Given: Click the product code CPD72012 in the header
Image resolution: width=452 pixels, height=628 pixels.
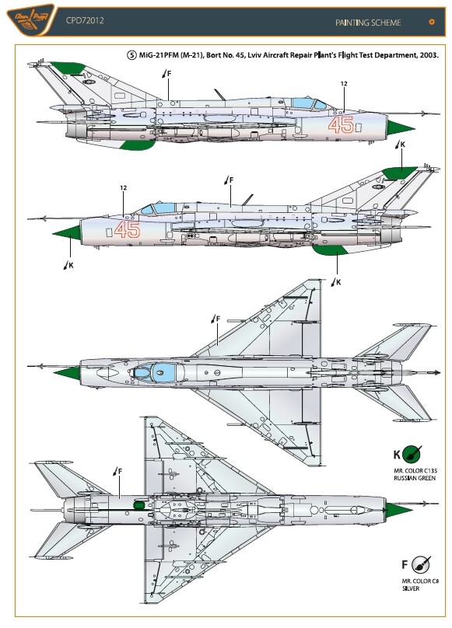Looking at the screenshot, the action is (x=85, y=20).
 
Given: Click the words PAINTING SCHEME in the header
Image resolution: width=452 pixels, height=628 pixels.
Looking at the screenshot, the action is (x=368, y=23).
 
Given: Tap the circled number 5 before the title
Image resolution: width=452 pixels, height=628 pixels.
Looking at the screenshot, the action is (x=131, y=55).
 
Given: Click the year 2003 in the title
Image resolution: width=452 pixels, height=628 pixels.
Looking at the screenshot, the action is (x=428, y=55).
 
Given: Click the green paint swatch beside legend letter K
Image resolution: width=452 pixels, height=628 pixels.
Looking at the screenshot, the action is (x=412, y=455).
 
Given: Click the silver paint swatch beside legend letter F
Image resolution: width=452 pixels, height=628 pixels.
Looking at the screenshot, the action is (x=421, y=565).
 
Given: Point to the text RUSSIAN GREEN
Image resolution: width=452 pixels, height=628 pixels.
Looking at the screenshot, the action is (x=415, y=478).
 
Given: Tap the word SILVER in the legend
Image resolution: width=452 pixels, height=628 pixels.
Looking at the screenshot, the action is (x=411, y=588).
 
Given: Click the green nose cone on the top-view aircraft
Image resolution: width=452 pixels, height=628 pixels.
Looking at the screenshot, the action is (x=67, y=373).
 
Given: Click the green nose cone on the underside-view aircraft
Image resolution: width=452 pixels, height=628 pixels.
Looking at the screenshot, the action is (x=398, y=510).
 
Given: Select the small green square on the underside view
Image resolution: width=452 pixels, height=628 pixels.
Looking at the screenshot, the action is (x=138, y=505).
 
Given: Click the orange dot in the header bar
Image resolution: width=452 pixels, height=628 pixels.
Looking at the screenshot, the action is (x=432, y=22).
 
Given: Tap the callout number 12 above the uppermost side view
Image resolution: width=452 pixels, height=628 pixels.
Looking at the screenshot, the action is (x=344, y=84).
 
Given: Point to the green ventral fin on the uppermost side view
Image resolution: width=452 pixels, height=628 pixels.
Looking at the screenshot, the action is (x=136, y=145).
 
